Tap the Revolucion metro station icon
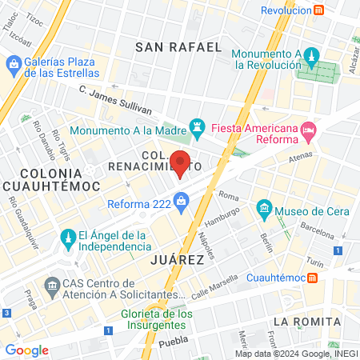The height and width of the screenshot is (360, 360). point(318,10)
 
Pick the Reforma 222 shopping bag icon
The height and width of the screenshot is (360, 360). point(182,202)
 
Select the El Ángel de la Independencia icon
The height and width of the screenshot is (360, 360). point(67,238)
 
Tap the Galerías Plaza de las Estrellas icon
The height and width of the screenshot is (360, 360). point(13,63)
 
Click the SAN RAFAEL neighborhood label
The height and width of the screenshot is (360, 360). point(178,47)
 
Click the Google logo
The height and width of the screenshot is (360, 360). point(26,350)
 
